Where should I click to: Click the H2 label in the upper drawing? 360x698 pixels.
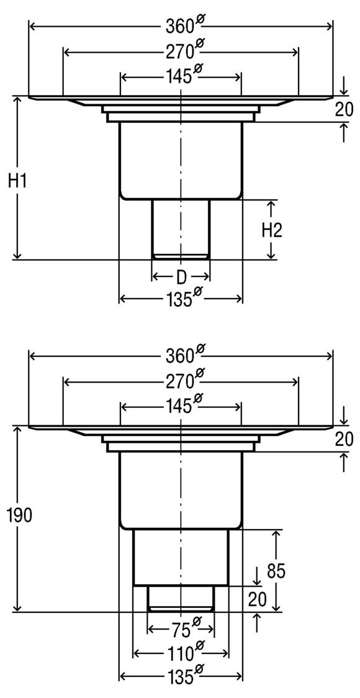coord(272,230)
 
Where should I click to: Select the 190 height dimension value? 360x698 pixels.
coord(17,515)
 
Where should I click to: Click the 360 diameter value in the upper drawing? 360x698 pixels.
coord(180,26)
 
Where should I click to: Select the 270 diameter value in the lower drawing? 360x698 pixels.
coord(180,379)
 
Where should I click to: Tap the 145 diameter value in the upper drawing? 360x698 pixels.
coord(179,77)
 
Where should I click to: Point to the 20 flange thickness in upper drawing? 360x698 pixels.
coord(344,109)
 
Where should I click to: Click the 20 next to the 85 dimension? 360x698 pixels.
coord(258,599)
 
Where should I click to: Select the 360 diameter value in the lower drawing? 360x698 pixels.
coord(180,356)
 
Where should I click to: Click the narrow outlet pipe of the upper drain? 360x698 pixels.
coord(181,227)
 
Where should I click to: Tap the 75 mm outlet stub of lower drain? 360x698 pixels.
coord(181,598)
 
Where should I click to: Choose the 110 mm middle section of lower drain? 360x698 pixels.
coord(181,556)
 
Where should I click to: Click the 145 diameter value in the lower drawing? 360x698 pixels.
coord(179,406)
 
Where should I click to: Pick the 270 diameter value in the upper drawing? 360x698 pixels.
coord(180,52)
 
